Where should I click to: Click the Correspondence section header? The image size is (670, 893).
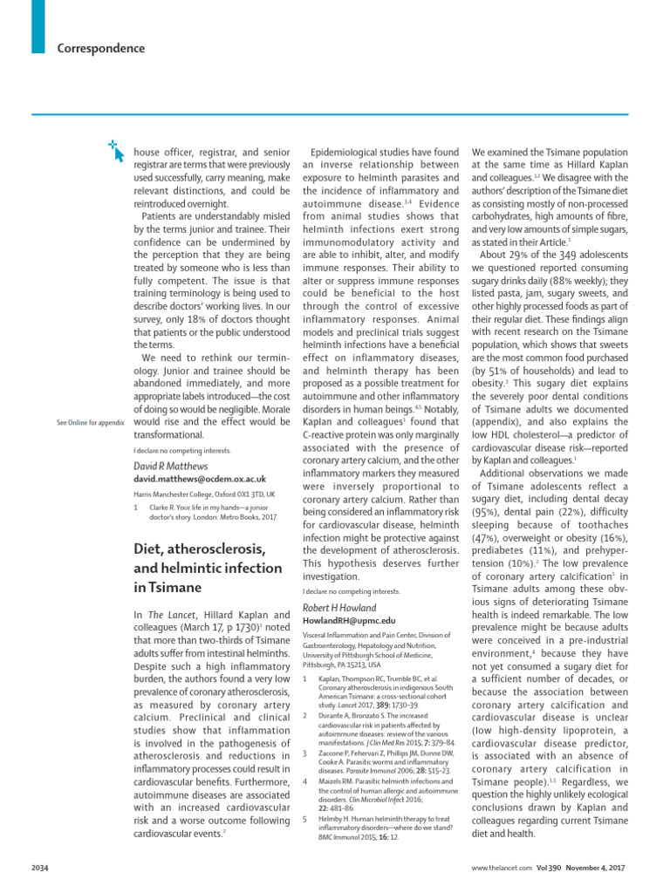(100, 49)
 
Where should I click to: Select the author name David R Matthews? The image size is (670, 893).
(171, 467)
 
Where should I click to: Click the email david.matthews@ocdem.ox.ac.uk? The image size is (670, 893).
(200, 481)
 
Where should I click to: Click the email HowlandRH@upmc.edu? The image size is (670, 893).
(343, 621)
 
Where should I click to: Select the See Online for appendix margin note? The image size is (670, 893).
(90, 421)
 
